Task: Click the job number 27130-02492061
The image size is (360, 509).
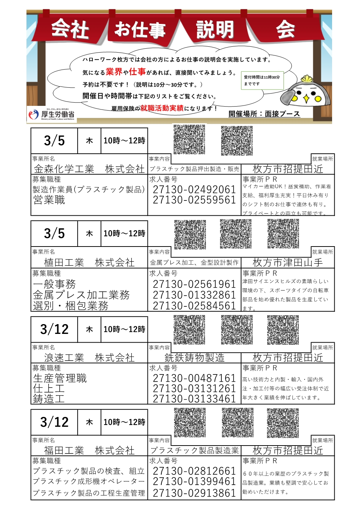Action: pos(194,189)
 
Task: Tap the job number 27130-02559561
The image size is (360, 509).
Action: pos(194,200)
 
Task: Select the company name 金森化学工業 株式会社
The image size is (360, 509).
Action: pos(89,169)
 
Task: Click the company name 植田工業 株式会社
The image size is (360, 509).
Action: pos(89,262)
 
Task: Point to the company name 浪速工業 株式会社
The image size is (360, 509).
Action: pos(89,358)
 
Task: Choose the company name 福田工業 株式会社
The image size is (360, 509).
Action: pos(89,451)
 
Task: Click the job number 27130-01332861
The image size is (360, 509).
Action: pos(194,295)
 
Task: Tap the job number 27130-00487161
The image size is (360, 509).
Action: pos(194,378)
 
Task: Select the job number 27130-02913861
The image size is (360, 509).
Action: pos(194,493)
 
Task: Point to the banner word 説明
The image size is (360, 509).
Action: pos(215,29)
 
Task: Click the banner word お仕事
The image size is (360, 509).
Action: pos(140,29)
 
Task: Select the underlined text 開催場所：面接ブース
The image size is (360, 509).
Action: pos(264,114)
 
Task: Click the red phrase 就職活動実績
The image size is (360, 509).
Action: pos(162,108)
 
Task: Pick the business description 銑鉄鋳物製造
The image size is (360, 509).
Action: pos(194,358)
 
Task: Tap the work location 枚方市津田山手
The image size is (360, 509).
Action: pos(287,262)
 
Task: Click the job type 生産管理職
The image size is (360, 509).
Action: pos(60,378)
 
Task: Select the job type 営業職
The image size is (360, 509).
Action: pos(49,200)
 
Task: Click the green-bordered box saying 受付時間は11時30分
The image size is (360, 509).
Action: pos(262,80)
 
